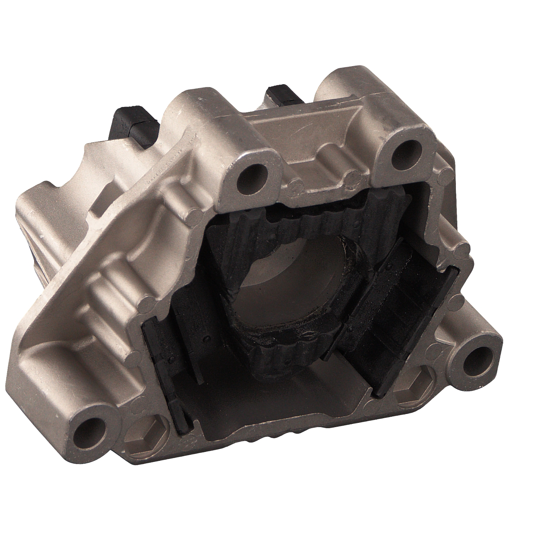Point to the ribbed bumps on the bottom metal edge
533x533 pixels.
pyautogui.click(x=284, y=439)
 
